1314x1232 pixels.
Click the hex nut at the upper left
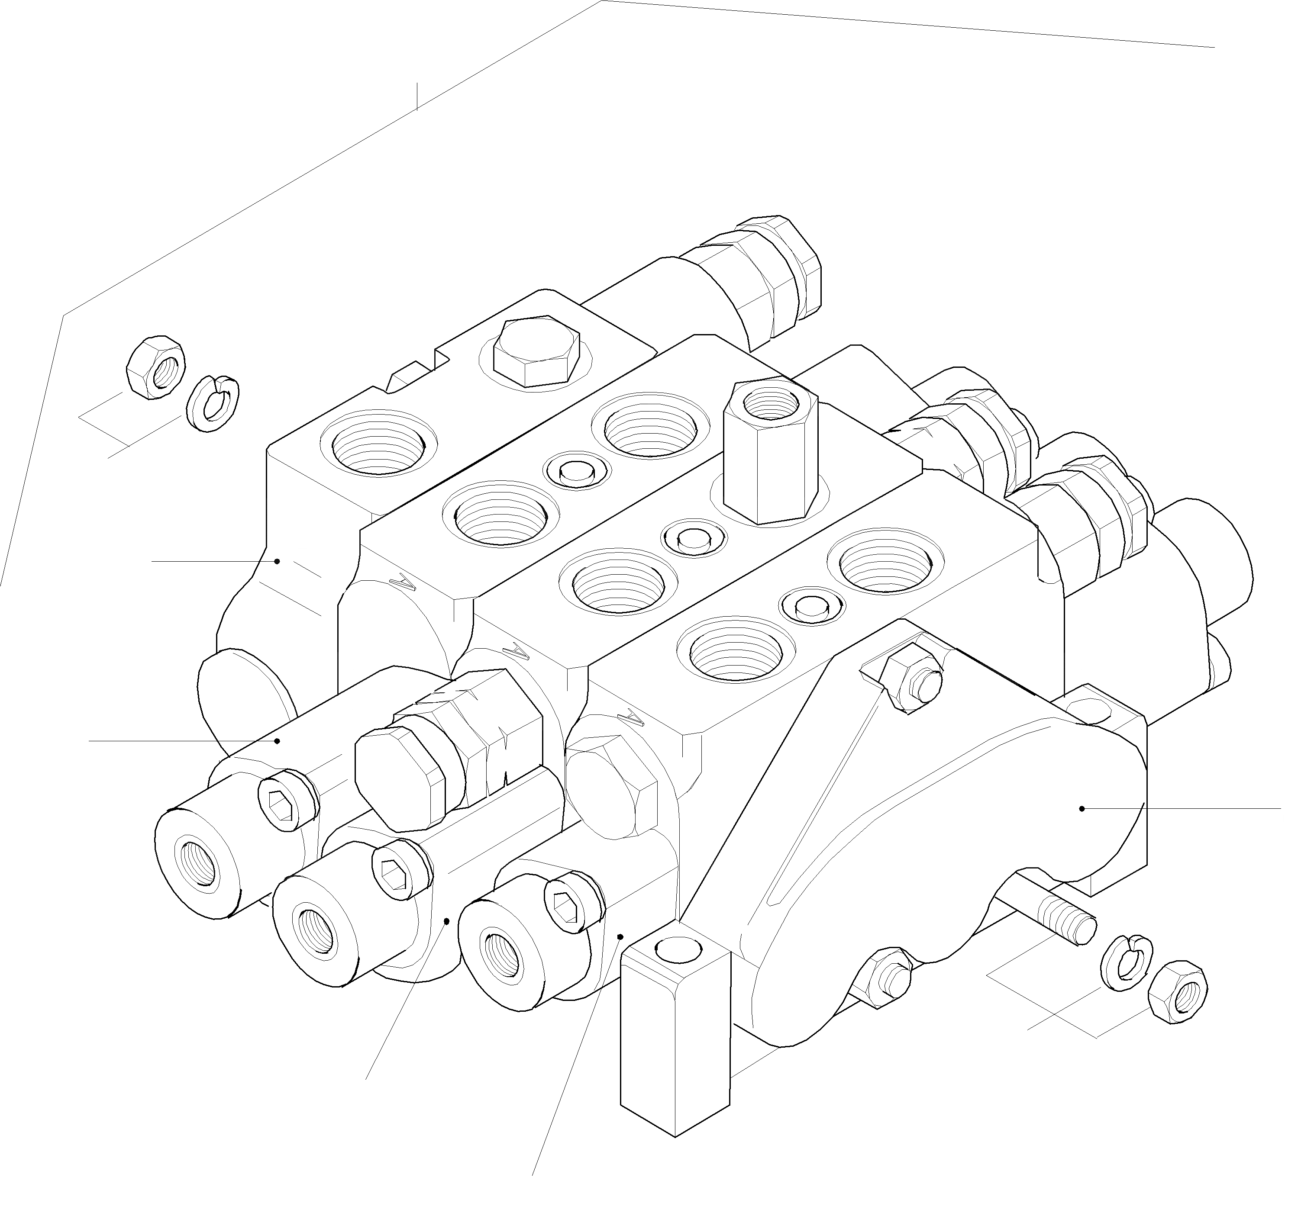(155, 367)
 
